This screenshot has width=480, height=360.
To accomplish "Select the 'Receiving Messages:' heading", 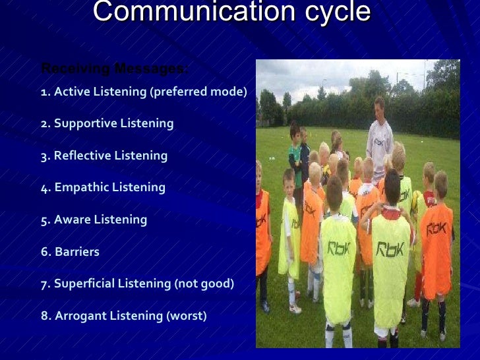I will (x=115, y=69).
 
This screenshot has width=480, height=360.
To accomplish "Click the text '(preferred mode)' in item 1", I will (x=198, y=92).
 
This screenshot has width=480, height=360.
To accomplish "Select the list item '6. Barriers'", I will (x=70, y=251).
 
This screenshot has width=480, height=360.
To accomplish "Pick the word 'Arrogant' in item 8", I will (x=80, y=316).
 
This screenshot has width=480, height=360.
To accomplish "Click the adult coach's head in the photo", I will (x=378, y=106).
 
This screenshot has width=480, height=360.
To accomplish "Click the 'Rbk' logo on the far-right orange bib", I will (x=436, y=229).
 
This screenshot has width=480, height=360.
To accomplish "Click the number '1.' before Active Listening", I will (x=45, y=92).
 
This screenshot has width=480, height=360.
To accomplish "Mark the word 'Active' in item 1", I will (x=70, y=92).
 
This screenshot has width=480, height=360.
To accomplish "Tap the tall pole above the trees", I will (x=426, y=73).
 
